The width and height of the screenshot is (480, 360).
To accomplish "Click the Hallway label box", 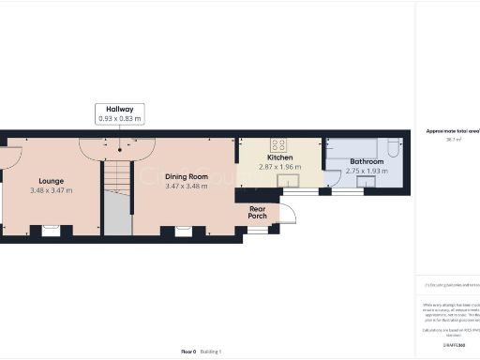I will [x=119, y=114].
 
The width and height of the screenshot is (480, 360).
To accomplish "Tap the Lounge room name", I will [x=51, y=180].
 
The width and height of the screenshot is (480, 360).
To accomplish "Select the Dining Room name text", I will [x=185, y=176].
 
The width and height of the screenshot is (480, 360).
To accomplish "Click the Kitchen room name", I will [x=280, y=157].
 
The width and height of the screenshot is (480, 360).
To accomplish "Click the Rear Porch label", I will [x=257, y=211].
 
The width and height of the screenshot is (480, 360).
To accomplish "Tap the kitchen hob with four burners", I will [x=278, y=144].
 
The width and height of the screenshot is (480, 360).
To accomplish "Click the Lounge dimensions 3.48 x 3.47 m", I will [x=51, y=190].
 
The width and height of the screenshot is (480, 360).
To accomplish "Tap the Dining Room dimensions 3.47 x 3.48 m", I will [x=185, y=187].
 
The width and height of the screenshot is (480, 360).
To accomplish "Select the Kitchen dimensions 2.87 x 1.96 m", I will [x=280, y=167].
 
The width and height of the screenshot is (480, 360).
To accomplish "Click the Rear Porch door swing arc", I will [x=288, y=213].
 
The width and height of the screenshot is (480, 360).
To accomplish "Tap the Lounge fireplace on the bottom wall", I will [x=51, y=228].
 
